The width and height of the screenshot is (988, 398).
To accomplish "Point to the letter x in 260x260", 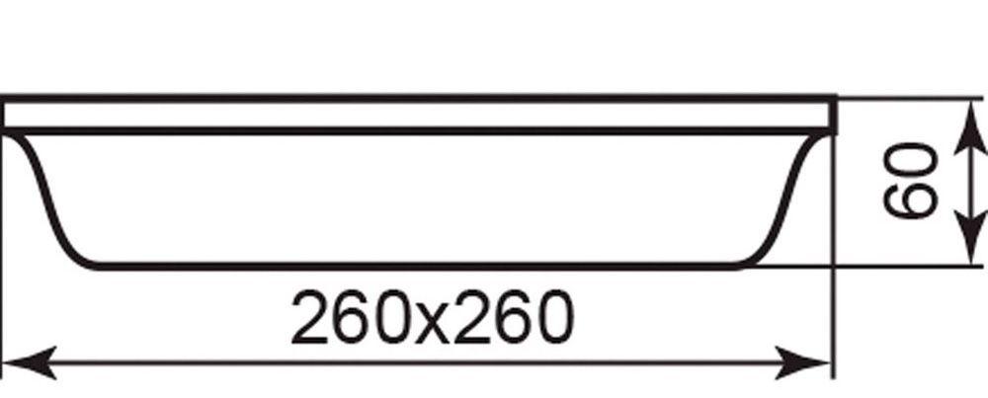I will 433,322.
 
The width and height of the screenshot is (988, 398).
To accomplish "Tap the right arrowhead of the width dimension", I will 814,362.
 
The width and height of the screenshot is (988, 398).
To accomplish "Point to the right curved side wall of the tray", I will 790,198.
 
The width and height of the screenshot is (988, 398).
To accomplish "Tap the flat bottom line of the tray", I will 415,264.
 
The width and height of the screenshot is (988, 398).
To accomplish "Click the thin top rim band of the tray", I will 415,114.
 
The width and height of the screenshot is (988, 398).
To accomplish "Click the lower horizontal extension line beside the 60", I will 889,266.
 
